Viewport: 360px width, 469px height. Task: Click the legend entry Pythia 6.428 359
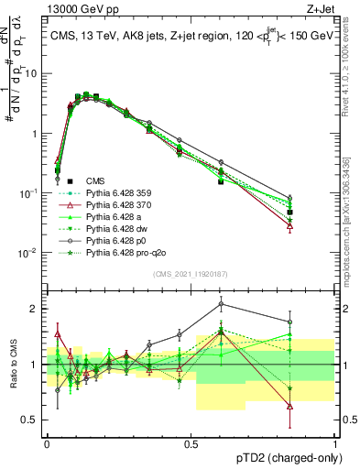(x=117, y=194)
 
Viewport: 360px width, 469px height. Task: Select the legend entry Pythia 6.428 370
(x=117, y=208)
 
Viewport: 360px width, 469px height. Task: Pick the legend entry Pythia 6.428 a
(x=114, y=222)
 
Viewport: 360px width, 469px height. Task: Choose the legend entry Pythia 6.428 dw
(x=115, y=235)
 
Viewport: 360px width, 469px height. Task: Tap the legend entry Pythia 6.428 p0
(x=115, y=249)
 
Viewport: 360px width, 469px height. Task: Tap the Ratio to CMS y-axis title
(x=14, y=364)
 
